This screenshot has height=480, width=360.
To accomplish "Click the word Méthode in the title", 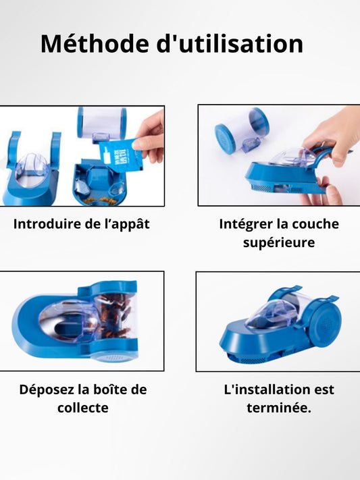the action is pos(95,44).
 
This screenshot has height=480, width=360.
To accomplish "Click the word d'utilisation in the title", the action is pos(230,44).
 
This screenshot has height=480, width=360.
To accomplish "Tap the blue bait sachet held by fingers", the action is pos(122,155).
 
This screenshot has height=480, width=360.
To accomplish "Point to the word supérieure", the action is pos(279,243).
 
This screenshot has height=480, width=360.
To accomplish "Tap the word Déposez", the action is pos(47,390).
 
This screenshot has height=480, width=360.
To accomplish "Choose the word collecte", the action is pos(82,408).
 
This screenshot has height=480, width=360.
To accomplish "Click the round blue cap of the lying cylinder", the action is pos(225,135).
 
